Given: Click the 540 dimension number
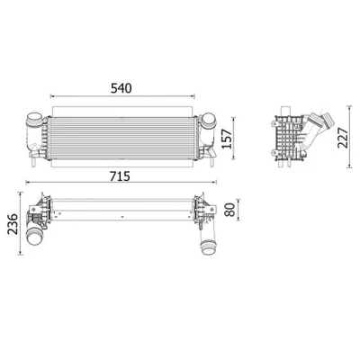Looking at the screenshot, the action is pos(121,88).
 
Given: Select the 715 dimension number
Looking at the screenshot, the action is pos(120,176).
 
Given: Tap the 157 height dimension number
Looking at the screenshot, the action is pos(227,139).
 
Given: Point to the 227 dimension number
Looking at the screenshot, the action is pos(343,138).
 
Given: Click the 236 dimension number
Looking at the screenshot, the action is pos(13,224).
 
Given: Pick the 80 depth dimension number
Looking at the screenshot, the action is pos(229,210).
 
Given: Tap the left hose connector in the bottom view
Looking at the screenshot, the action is pos(35,237).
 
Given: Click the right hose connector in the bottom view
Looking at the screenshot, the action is pos(209,247).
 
